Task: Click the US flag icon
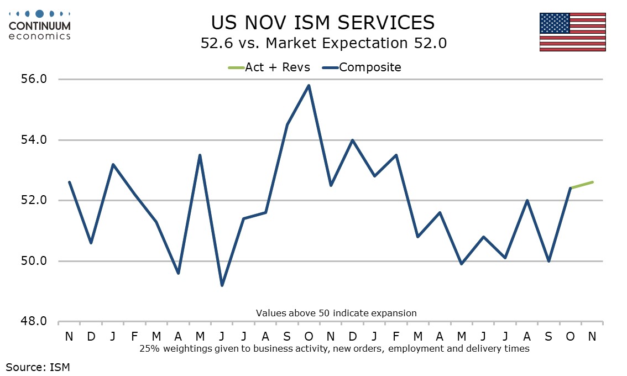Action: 572,32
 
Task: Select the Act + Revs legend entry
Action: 269,67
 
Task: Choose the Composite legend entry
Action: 362,67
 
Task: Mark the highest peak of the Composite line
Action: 309,85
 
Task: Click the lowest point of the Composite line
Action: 222,285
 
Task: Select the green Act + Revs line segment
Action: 581,185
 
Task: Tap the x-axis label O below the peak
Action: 309,336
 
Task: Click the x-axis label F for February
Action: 134,336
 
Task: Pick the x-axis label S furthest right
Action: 548,336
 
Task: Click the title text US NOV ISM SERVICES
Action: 323,23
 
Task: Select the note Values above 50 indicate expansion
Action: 336,313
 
